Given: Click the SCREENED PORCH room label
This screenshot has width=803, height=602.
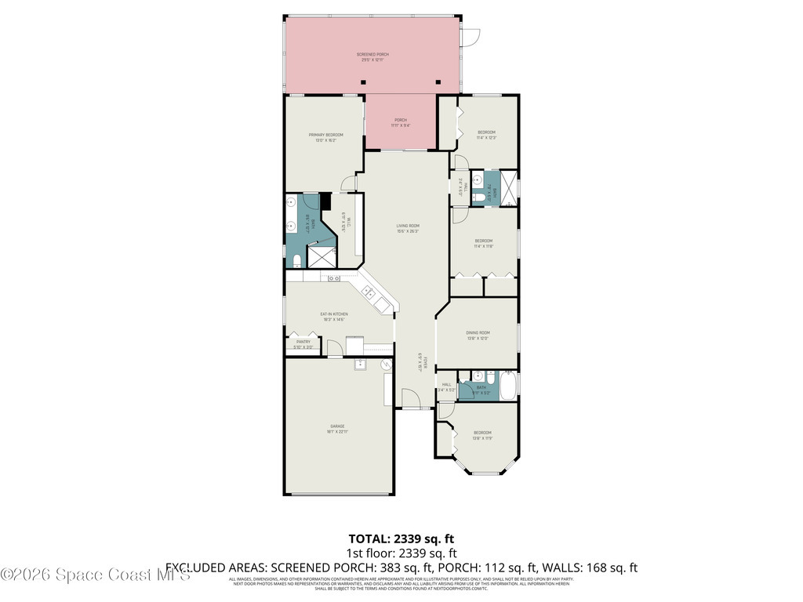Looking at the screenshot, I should (x=373, y=57).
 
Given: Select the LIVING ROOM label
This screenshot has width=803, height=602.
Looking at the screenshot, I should (x=408, y=228).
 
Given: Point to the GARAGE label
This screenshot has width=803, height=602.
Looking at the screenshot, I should (x=337, y=429).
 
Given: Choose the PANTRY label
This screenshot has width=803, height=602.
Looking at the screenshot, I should (x=303, y=344).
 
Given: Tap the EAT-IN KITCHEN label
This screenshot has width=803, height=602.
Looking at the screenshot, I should (x=333, y=317).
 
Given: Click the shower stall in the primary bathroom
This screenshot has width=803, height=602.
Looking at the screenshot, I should (x=322, y=256).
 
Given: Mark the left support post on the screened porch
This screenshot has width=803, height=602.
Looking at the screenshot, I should (x=364, y=82).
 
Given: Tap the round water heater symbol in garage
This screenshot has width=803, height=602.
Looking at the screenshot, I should (x=387, y=365).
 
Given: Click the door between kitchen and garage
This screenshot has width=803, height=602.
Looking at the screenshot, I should (x=335, y=349).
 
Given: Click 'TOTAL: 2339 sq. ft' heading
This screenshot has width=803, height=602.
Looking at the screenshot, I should (x=401, y=539).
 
